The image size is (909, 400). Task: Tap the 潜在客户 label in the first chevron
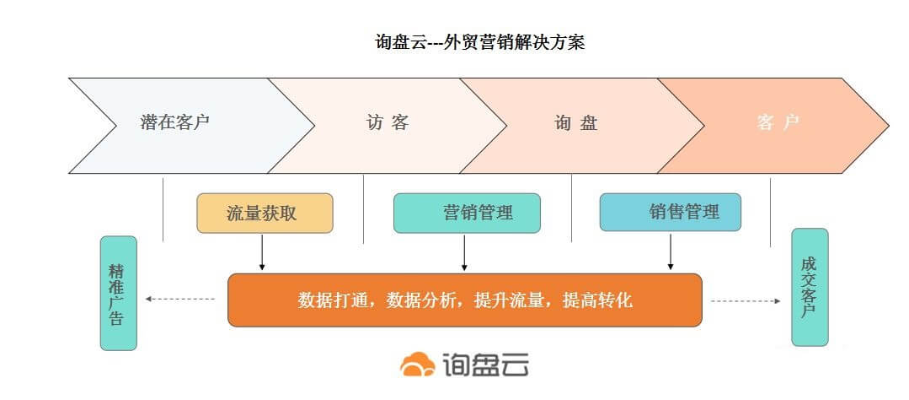tap(174, 122)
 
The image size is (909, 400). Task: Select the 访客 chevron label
tap(388, 122)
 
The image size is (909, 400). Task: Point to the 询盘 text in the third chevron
tap(575, 123)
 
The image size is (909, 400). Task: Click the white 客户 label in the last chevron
tap(778, 122)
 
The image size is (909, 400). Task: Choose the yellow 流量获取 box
tap(265, 213)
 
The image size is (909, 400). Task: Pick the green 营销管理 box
tap(467, 213)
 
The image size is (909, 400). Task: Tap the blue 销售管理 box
tap(670, 212)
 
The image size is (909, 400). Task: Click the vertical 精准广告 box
tap(118, 293)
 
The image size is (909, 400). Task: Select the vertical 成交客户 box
tap(810, 288)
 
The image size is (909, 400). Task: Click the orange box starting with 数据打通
tap(465, 300)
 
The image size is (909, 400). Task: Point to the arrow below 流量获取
tap(262, 252)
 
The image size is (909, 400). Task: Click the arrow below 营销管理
tap(464, 252)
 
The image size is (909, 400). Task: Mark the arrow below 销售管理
tap(671, 251)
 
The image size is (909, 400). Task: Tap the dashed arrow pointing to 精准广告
tap(179, 299)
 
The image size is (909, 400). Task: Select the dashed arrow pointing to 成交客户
tap(746, 300)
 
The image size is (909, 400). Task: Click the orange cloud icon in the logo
tap(417, 365)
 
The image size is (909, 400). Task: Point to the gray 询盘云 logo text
tap(484, 365)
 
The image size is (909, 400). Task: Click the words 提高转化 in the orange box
tap(597, 300)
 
